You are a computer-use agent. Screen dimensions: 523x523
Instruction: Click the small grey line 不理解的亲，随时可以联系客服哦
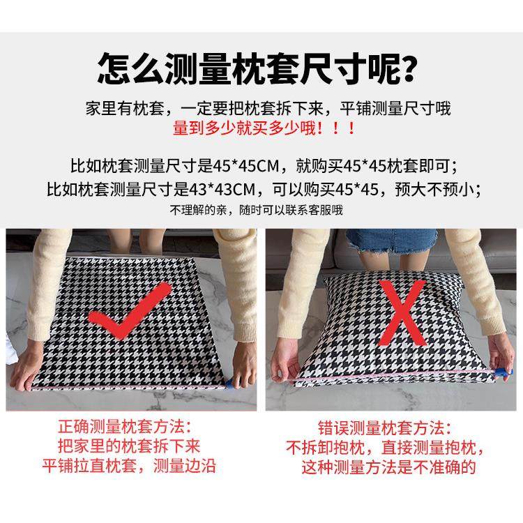click(256, 209)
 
